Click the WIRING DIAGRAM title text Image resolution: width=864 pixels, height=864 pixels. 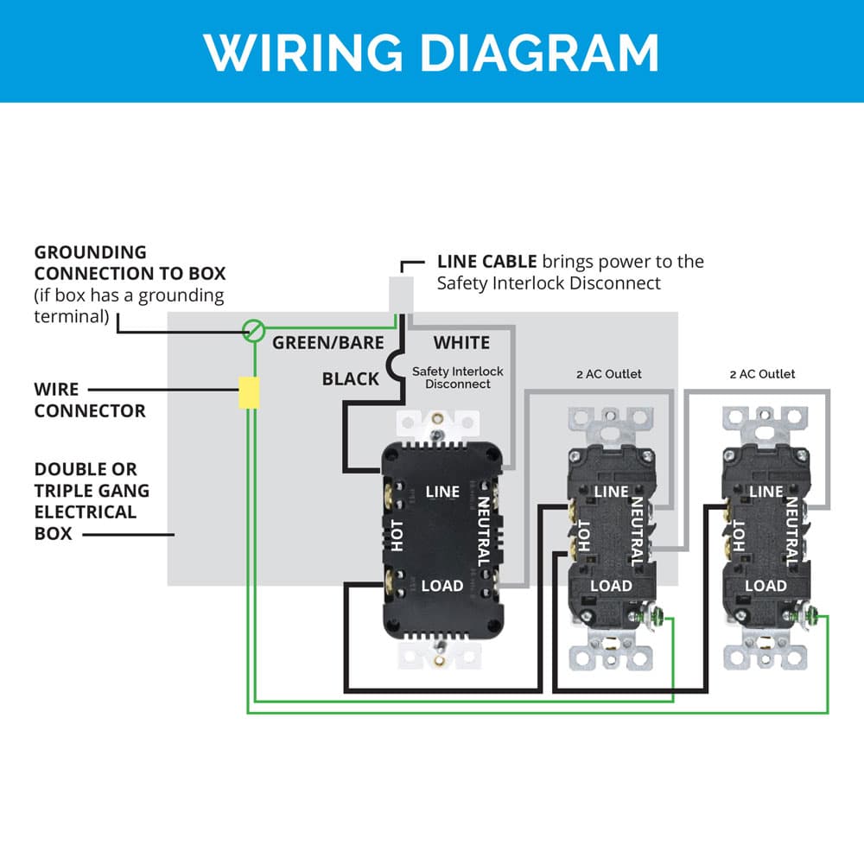pos(431,52)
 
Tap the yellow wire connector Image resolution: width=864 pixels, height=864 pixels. pos(249,392)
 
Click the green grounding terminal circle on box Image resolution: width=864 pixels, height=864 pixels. pos(252,329)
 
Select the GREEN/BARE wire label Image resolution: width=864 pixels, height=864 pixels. pos(327,343)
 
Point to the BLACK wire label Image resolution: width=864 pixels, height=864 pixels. pos(350,378)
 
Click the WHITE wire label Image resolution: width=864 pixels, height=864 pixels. pos(461,343)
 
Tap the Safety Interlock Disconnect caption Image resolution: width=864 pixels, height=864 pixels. pos(457,378)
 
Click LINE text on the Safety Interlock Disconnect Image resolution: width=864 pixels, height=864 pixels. pos(442,492)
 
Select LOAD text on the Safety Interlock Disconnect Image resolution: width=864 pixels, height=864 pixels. pos(442,586)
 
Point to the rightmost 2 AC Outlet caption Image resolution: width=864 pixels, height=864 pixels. pos(762,374)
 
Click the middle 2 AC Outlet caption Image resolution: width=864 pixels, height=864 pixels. pos(609,374)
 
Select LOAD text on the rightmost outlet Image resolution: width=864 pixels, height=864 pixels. pos(766,586)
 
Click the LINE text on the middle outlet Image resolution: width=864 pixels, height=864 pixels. pos(612,492)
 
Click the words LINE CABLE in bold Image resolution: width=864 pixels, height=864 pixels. pos(486,262)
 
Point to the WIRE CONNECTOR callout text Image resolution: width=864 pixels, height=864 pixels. pos(90,400)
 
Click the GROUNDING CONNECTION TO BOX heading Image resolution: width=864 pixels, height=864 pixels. pos(130,263)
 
